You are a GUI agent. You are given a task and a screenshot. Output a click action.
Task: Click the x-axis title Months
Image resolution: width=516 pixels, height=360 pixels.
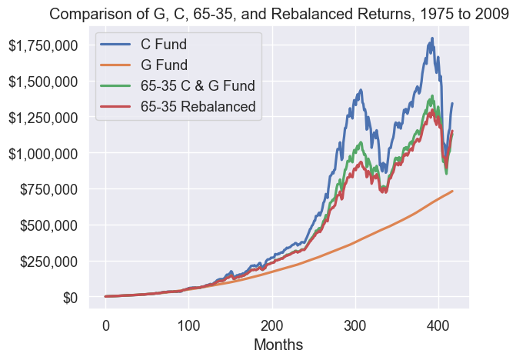pos(278,343)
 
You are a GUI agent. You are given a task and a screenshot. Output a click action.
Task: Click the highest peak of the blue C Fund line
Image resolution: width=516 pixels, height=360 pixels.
pos(432,38)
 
